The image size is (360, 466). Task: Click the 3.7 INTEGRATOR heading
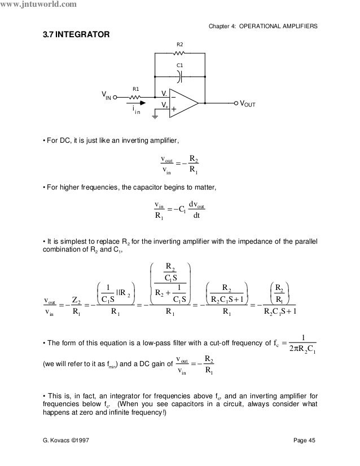point(73,35)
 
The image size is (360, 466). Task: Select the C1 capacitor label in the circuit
point(180,66)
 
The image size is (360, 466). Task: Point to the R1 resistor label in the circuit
point(135,89)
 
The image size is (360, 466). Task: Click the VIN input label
point(106,97)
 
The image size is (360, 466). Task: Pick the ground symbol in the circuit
point(154,117)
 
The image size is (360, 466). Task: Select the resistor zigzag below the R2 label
point(179,54)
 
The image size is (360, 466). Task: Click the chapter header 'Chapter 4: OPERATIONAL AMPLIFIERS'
point(263,26)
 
